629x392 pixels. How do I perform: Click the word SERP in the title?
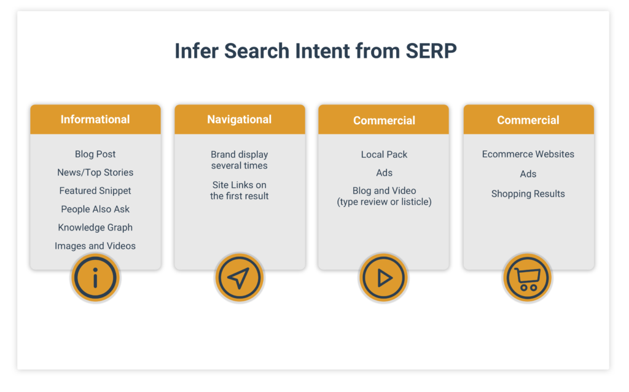(x=431, y=51)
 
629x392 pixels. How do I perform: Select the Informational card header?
(x=95, y=119)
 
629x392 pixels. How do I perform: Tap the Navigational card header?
(x=240, y=119)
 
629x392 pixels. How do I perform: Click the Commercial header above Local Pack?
(x=384, y=120)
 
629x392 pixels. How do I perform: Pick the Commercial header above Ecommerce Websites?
(x=528, y=120)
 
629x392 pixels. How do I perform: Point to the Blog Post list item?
(x=95, y=154)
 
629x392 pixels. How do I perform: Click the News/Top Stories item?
(x=95, y=173)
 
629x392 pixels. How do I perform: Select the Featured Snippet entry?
(x=95, y=191)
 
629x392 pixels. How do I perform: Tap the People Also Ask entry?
(x=95, y=210)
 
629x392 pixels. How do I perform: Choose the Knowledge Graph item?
(x=95, y=227)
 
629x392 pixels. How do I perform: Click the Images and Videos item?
(x=95, y=246)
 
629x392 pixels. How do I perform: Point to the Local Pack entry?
(x=384, y=155)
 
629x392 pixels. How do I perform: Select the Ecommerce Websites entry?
(x=528, y=154)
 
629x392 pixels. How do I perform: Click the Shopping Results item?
(x=528, y=194)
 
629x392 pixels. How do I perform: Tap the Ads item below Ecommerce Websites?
(x=528, y=174)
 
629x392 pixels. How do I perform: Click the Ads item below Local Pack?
(x=384, y=173)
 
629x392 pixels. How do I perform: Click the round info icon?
(x=95, y=278)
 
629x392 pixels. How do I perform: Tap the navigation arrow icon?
(x=239, y=278)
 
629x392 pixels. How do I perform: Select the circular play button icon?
(x=384, y=278)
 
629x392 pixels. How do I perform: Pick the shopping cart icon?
(x=528, y=278)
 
